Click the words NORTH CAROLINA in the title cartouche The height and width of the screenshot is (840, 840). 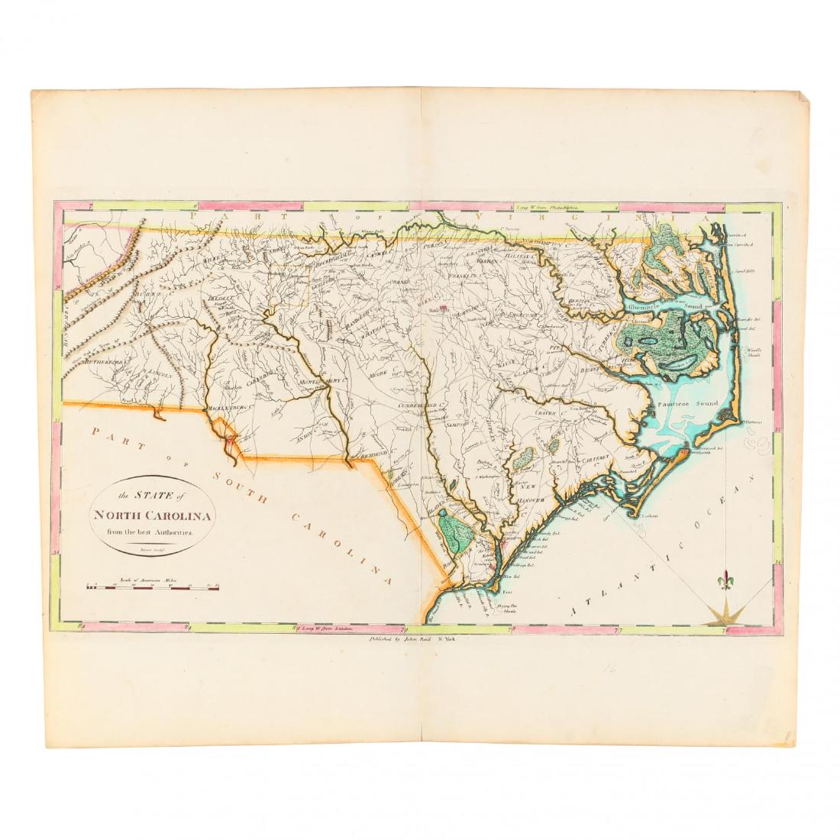pyautogui.click(x=153, y=514)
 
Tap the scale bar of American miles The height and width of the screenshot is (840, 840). pyautogui.click(x=153, y=588)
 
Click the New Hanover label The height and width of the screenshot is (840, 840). pyautogui.click(x=525, y=493)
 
